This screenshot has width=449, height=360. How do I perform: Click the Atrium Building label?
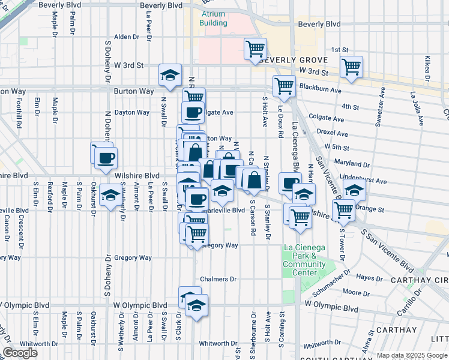213,18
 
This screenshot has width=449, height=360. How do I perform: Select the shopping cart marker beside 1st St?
256,49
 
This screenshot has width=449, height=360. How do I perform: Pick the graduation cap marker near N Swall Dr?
170,75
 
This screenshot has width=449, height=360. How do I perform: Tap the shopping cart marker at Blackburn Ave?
283,86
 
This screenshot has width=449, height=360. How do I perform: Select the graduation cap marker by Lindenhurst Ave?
355,190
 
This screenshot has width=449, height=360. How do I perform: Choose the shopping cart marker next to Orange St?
343,209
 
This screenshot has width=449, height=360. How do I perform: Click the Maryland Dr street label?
352,164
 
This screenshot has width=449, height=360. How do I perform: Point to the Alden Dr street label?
127,37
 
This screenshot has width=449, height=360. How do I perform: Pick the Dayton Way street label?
132,112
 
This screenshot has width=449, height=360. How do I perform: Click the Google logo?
20,353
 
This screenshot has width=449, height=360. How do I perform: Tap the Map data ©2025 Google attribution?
411,355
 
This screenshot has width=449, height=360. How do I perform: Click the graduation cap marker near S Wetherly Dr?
110,196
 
